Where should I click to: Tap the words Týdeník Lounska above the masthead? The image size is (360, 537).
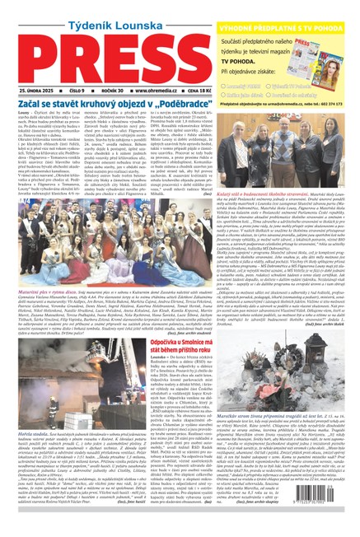pyautogui.click(x=101, y=10)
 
